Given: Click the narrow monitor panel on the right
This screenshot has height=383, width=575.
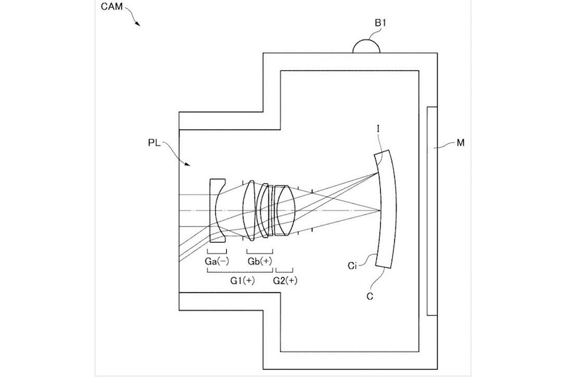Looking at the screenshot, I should (431, 211).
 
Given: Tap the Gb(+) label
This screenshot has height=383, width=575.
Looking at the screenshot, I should (259, 262).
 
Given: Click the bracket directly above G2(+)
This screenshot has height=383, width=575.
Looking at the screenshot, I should (284, 271).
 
